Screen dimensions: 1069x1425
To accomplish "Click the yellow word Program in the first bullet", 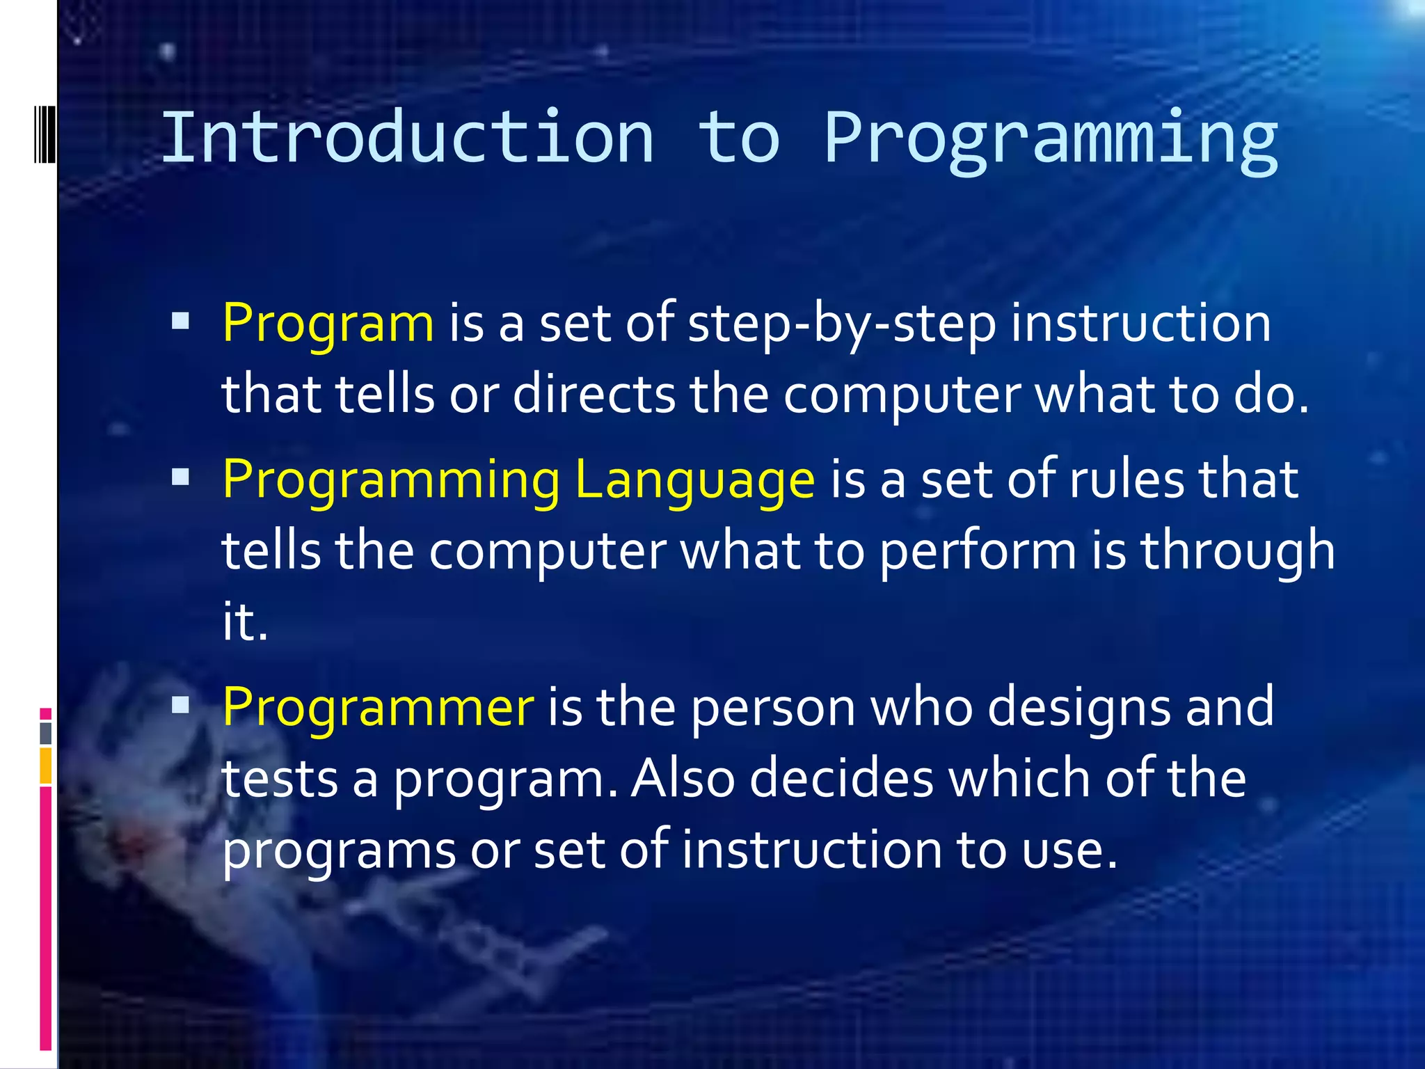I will point(328,324).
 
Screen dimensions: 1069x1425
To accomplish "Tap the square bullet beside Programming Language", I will point(180,477).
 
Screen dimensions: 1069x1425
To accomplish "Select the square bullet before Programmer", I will point(180,705).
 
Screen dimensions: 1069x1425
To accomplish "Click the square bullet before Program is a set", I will point(180,320).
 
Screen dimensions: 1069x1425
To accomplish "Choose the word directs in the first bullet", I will point(594,395).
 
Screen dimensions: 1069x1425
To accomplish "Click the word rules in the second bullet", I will point(1126,480).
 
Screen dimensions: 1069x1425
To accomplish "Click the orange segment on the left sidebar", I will point(46,766).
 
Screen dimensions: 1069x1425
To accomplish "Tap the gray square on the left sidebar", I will point(46,733).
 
